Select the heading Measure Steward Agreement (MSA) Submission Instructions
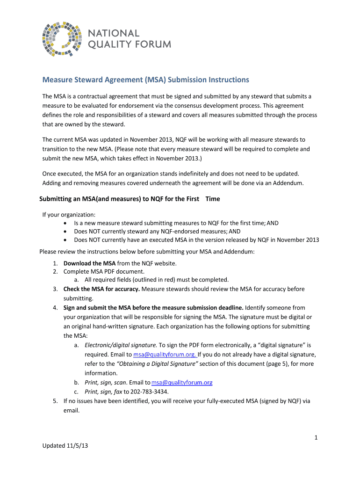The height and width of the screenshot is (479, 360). [146, 80]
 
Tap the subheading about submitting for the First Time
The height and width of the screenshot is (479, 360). [129, 199]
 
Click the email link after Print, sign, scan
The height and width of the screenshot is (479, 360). [182, 383]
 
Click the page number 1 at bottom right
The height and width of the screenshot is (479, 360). [316, 437]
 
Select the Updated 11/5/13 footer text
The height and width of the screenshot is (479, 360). [65, 446]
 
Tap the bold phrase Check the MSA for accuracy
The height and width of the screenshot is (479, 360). [101, 289]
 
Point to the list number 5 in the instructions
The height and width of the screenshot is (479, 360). [55, 401]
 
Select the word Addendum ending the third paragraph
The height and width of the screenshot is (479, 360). [288, 183]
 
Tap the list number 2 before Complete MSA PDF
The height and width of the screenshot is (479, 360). [55, 271]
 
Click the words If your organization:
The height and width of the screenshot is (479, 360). [62, 215]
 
